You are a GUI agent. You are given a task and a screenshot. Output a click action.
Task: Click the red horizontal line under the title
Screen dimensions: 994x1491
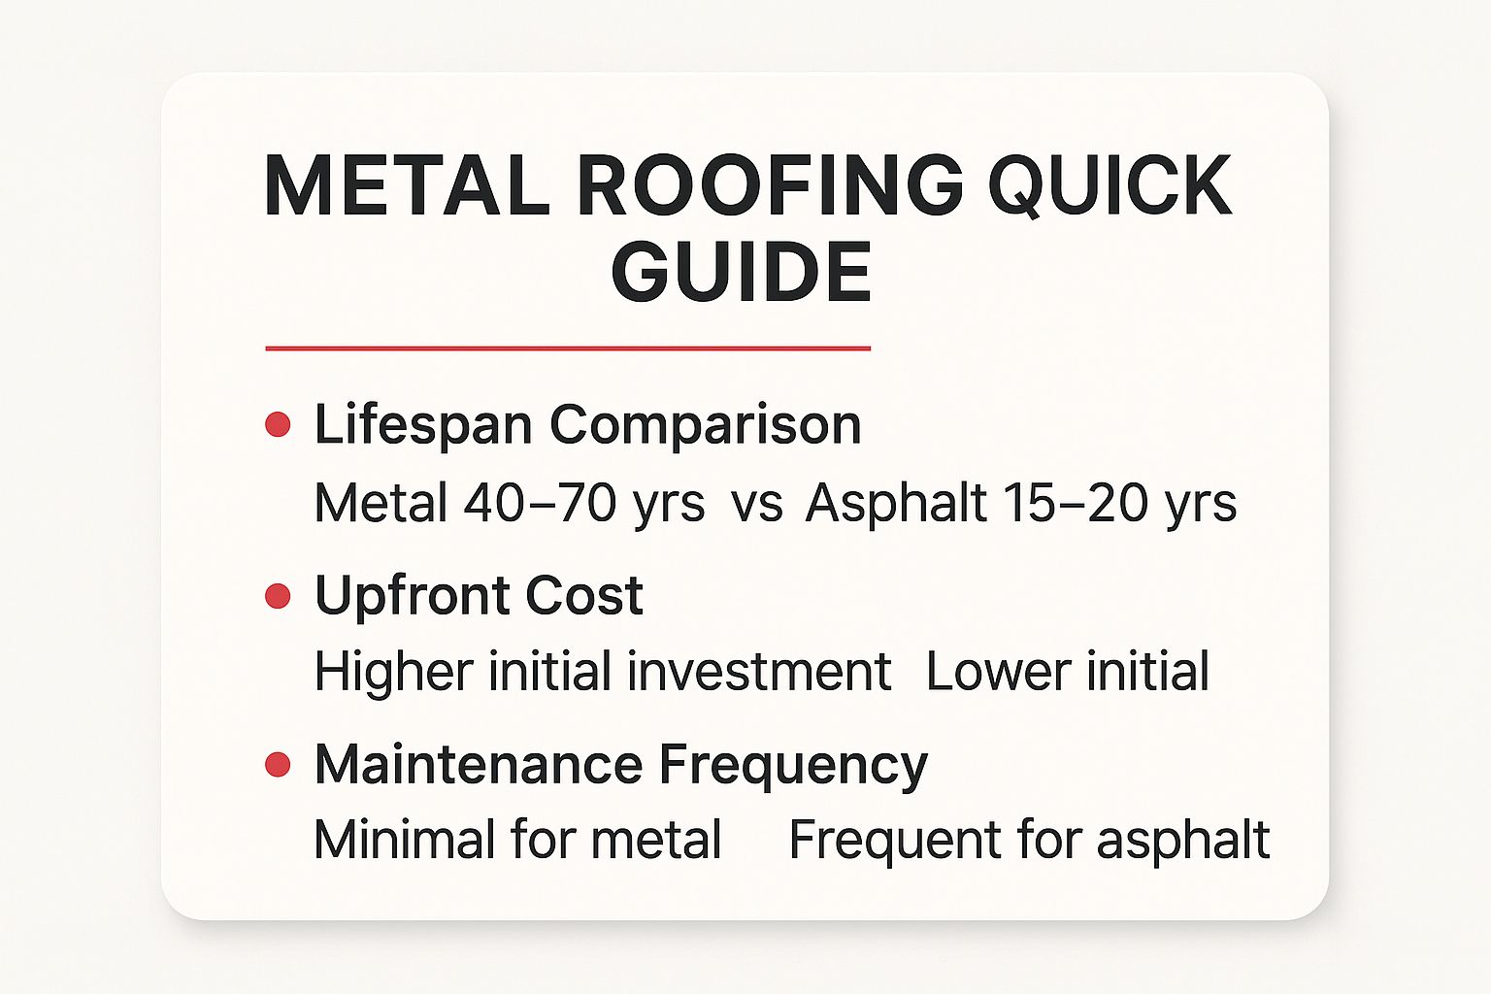[568, 348]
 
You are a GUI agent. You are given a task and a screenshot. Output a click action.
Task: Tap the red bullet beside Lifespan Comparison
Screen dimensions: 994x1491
[278, 425]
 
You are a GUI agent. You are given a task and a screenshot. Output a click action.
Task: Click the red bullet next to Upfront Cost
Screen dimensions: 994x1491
[278, 596]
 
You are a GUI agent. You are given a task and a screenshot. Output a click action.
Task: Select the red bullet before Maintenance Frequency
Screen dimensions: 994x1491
[278, 765]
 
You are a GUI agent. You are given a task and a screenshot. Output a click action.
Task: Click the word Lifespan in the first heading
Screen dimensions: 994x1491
[423, 425]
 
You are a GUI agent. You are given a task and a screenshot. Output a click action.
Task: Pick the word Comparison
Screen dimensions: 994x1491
[706, 425]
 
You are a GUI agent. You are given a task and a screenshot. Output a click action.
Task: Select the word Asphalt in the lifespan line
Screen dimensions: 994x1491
[896, 503]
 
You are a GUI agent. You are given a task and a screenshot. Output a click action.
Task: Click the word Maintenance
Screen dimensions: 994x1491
[479, 765]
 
